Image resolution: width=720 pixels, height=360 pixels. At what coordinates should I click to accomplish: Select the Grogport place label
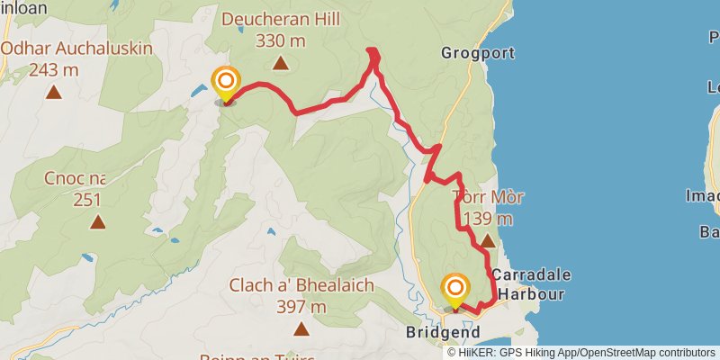pos(468,53)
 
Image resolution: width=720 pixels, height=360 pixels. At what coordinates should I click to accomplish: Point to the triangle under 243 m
pos(55,91)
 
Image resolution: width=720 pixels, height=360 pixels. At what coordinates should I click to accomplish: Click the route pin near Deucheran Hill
pos(225,83)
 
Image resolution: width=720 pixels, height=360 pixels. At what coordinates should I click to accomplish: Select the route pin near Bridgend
pos(455,289)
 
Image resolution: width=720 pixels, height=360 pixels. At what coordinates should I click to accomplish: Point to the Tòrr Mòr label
pos(489,197)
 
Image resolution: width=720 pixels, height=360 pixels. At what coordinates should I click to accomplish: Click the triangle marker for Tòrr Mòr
pos(488,240)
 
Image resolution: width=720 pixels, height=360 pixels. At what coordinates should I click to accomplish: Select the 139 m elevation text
pos(489,218)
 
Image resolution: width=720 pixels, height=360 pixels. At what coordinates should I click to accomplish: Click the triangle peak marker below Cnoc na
pos(96,220)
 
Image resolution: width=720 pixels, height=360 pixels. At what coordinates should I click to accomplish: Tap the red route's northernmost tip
pos(373,50)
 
